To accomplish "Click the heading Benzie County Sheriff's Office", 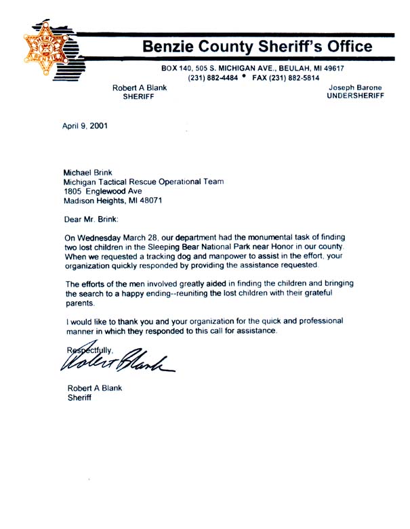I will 257,47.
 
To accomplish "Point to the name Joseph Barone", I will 356,88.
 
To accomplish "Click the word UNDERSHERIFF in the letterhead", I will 355,97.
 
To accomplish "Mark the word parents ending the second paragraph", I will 81,303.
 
